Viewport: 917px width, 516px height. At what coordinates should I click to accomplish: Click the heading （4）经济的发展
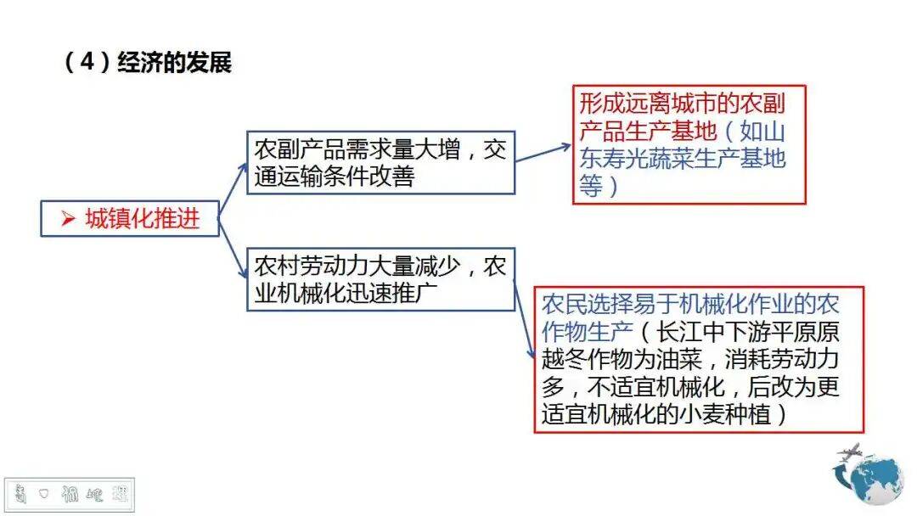tap(148, 64)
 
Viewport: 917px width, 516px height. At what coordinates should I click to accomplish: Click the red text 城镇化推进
tap(142, 218)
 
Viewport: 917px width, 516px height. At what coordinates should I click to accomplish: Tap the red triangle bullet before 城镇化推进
tap(68, 218)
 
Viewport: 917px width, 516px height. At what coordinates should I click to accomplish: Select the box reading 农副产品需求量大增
tap(380, 162)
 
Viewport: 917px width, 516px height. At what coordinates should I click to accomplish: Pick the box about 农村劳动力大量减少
tap(380, 279)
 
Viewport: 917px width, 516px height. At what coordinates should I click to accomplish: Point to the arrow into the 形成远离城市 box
tap(543, 153)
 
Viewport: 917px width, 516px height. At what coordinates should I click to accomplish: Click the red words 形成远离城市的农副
tap(682, 104)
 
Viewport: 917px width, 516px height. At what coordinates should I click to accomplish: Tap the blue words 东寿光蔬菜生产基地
tap(682, 159)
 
